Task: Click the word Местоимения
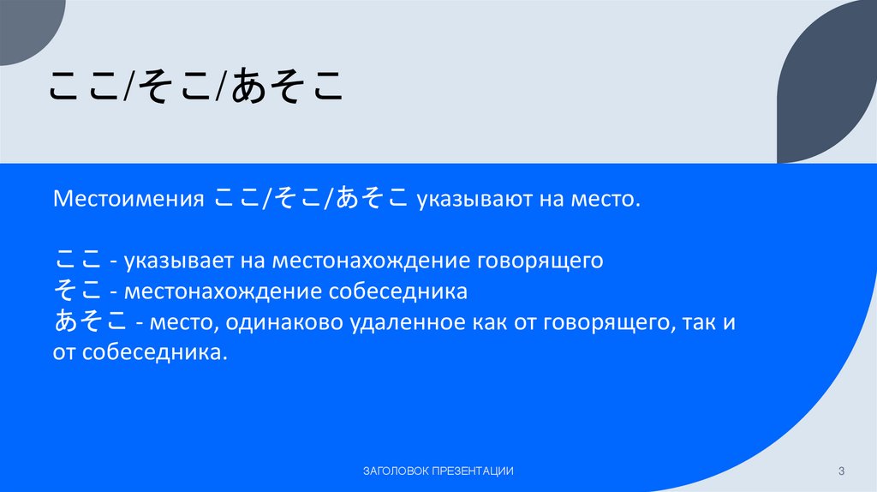point(128,201)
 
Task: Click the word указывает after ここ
point(179,260)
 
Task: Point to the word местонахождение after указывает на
point(368,260)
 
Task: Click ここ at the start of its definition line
point(76,259)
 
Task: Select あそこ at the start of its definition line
point(91,322)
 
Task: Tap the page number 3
point(842,471)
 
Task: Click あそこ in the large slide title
point(285,87)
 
